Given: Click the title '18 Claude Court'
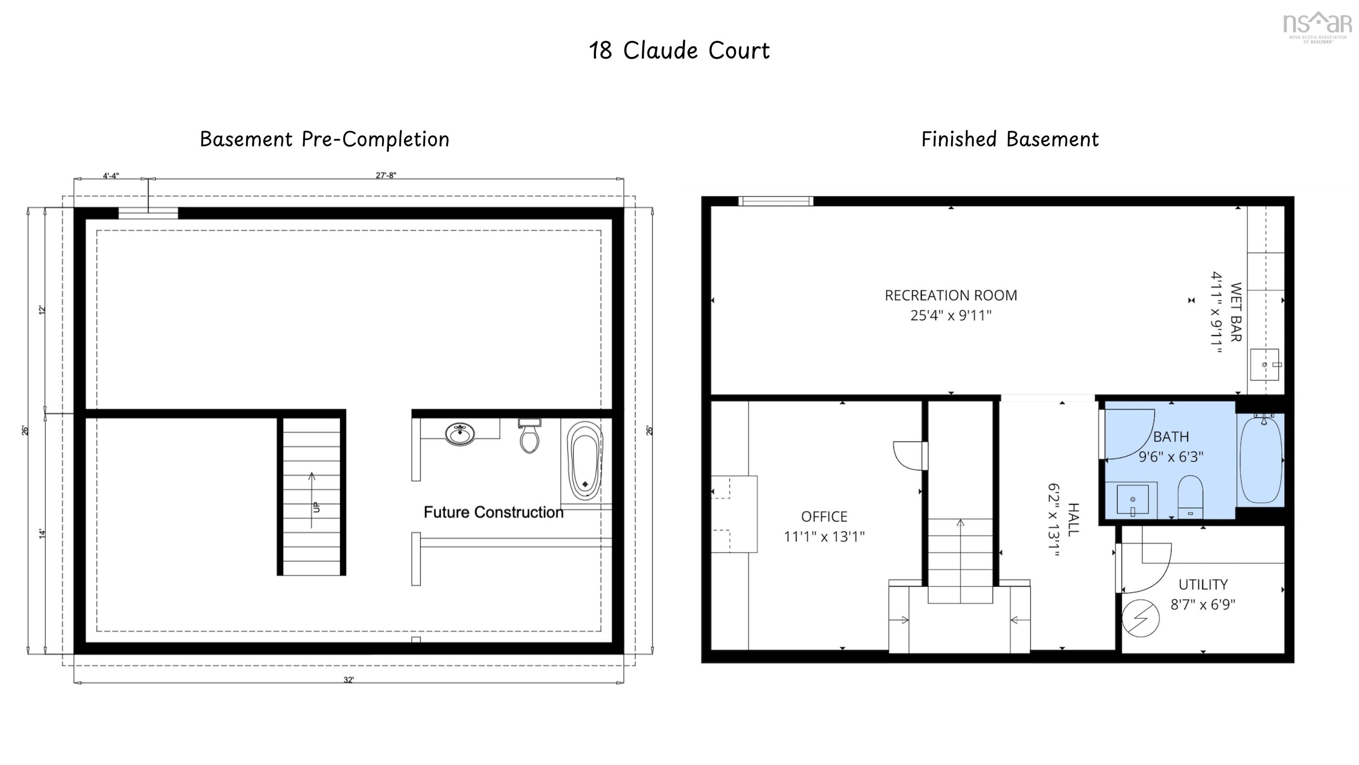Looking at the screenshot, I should [679, 50].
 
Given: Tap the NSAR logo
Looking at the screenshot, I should [1317, 27].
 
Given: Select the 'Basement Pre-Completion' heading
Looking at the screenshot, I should [324, 139].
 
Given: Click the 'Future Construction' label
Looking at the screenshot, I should [493, 512].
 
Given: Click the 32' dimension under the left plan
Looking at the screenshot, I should [348, 680].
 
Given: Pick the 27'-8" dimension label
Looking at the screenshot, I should [386, 175].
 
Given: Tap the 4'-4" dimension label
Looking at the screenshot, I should [111, 175].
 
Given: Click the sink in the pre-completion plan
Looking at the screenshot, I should [460, 434].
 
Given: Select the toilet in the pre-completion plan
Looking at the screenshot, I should [529, 437].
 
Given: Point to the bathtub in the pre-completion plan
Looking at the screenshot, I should [584, 460].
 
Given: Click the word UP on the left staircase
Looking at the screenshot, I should [316, 507].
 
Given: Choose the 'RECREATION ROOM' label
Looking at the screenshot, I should [951, 296].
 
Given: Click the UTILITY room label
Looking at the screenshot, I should [1203, 584].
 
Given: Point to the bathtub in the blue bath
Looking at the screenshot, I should [1260, 460].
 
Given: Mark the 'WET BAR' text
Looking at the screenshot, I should [1236, 312].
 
